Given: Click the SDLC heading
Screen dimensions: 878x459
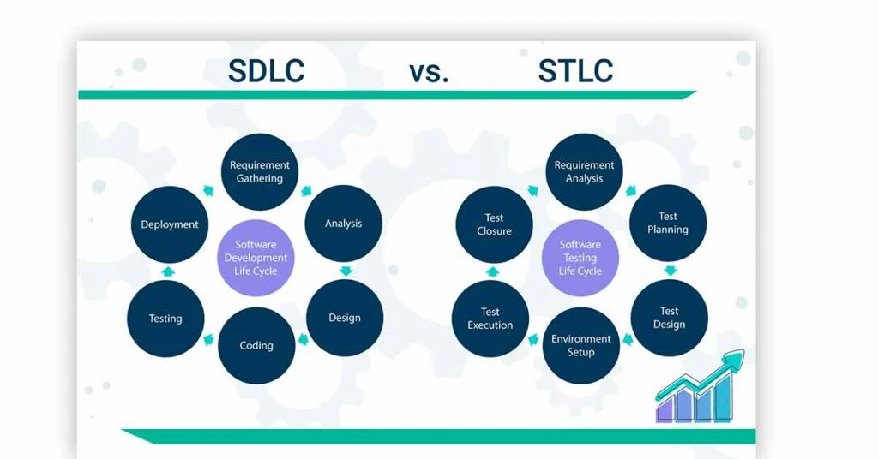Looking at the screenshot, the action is (266, 71).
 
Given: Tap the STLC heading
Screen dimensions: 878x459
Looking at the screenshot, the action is (575, 71).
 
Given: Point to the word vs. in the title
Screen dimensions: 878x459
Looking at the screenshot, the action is (429, 73).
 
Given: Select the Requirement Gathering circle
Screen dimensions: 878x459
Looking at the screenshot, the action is (259, 171).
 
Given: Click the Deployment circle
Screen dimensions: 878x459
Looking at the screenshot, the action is (170, 224).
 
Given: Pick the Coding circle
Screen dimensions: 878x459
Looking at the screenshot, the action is (256, 345).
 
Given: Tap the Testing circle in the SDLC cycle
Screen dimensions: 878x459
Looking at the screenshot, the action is (165, 319).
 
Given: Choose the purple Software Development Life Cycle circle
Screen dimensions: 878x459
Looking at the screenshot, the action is (256, 258).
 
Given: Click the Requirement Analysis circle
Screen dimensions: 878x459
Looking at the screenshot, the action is (584, 171).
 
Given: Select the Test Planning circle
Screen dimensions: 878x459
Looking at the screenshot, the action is (668, 223).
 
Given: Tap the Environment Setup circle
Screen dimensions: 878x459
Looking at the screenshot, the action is (581, 345).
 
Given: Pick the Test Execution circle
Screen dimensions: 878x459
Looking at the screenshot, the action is (490, 319).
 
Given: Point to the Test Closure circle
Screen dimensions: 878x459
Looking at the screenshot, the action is (495, 224).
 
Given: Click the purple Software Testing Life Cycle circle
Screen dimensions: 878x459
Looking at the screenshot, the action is (580, 258).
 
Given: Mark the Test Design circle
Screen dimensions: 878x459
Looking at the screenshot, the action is (669, 318).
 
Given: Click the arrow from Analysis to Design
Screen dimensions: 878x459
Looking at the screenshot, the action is (346, 271).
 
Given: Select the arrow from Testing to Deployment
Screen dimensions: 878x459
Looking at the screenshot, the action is (168, 271).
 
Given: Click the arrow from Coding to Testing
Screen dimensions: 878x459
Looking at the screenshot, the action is (209, 338).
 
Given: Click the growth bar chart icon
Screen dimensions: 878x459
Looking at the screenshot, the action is (700, 387).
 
